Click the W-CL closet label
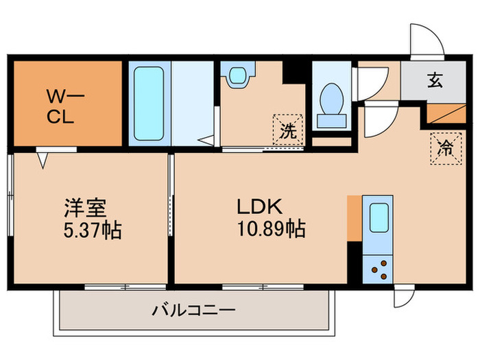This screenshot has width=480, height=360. (65, 104)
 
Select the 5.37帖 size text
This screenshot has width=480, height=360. (91, 230)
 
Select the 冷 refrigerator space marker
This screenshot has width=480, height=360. (445, 148)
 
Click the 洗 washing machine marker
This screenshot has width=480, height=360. (287, 130)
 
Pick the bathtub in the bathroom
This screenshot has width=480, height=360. (147, 103)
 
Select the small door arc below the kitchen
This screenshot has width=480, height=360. (403, 297)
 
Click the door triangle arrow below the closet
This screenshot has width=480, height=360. (43, 160)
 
